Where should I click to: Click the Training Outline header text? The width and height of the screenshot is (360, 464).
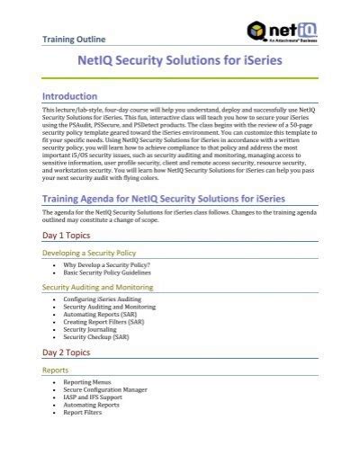pos(75,40)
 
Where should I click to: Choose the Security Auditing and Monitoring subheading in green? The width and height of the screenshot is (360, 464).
pos(100,286)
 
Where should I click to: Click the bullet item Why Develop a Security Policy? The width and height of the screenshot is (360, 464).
pos(107,266)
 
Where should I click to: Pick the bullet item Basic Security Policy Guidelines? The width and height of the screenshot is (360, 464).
pos(115,273)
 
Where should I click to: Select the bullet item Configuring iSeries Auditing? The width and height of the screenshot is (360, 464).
pos(103,299)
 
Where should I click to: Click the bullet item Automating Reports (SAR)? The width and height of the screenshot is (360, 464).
pos(101,315)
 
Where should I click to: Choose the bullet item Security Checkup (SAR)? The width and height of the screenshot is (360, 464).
pos(98,338)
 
